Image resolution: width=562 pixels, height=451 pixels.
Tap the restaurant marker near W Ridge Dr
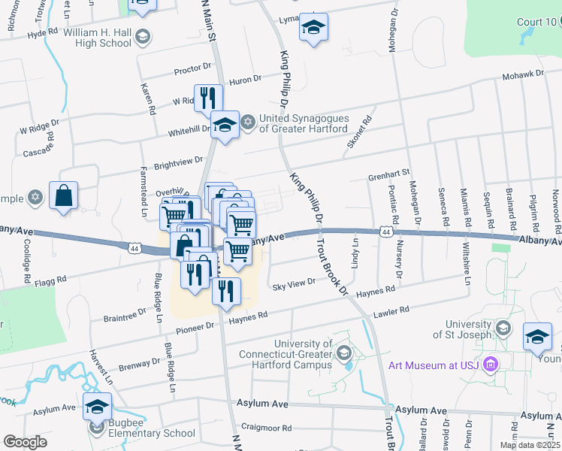click(208, 98)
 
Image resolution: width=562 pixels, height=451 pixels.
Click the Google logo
click(25, 442)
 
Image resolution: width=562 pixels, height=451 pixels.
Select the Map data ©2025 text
click(530, 445)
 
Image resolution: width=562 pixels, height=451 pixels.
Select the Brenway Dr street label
click(140, 362)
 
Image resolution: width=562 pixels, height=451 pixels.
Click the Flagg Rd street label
click(51, 279)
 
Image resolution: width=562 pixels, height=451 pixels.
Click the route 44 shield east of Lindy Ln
click(385, 232)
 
